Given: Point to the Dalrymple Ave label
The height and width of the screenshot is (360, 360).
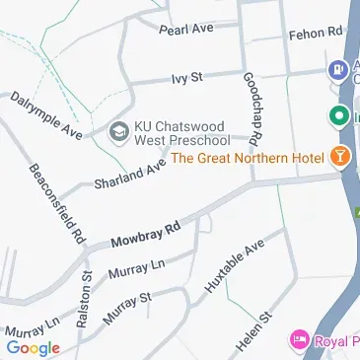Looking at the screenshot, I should (45, 113).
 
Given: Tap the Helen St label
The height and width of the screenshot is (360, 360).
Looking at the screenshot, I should (252, 331).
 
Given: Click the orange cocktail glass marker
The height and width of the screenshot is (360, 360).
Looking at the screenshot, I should (340, 156).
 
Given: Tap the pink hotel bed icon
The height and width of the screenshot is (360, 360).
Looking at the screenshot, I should (298, 341).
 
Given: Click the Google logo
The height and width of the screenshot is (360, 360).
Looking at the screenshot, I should (33, 347).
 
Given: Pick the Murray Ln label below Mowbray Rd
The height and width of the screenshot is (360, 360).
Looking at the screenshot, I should (135, 268).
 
